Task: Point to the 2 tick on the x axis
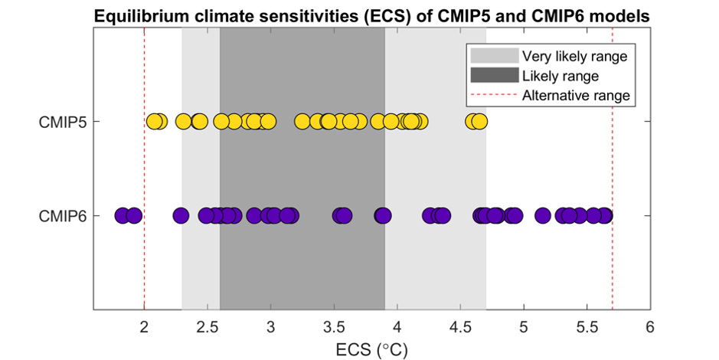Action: [144, 326]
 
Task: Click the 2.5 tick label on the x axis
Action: [207, 326]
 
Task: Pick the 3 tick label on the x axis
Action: [270, 326]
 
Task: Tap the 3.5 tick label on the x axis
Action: [333, 326]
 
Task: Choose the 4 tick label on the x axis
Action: [397, 326]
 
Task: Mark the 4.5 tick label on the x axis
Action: [459, 326]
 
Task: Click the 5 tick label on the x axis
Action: [523, 326]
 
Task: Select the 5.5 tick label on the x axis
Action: [586, 326]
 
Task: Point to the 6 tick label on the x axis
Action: [649, 326]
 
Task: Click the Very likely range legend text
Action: [574, 56]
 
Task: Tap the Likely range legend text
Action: [560, 76]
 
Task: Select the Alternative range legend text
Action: [576, 96]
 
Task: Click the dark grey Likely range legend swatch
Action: [493, 76]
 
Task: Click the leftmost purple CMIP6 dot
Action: [122, 215]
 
